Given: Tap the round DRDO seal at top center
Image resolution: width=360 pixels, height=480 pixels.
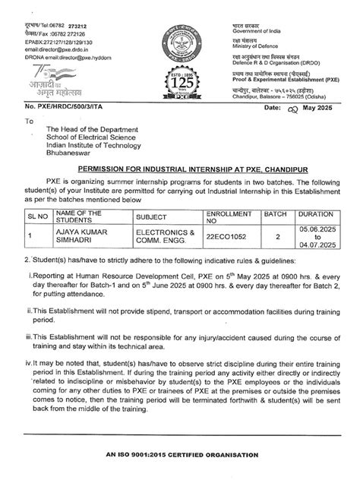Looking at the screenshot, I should (180, 36).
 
